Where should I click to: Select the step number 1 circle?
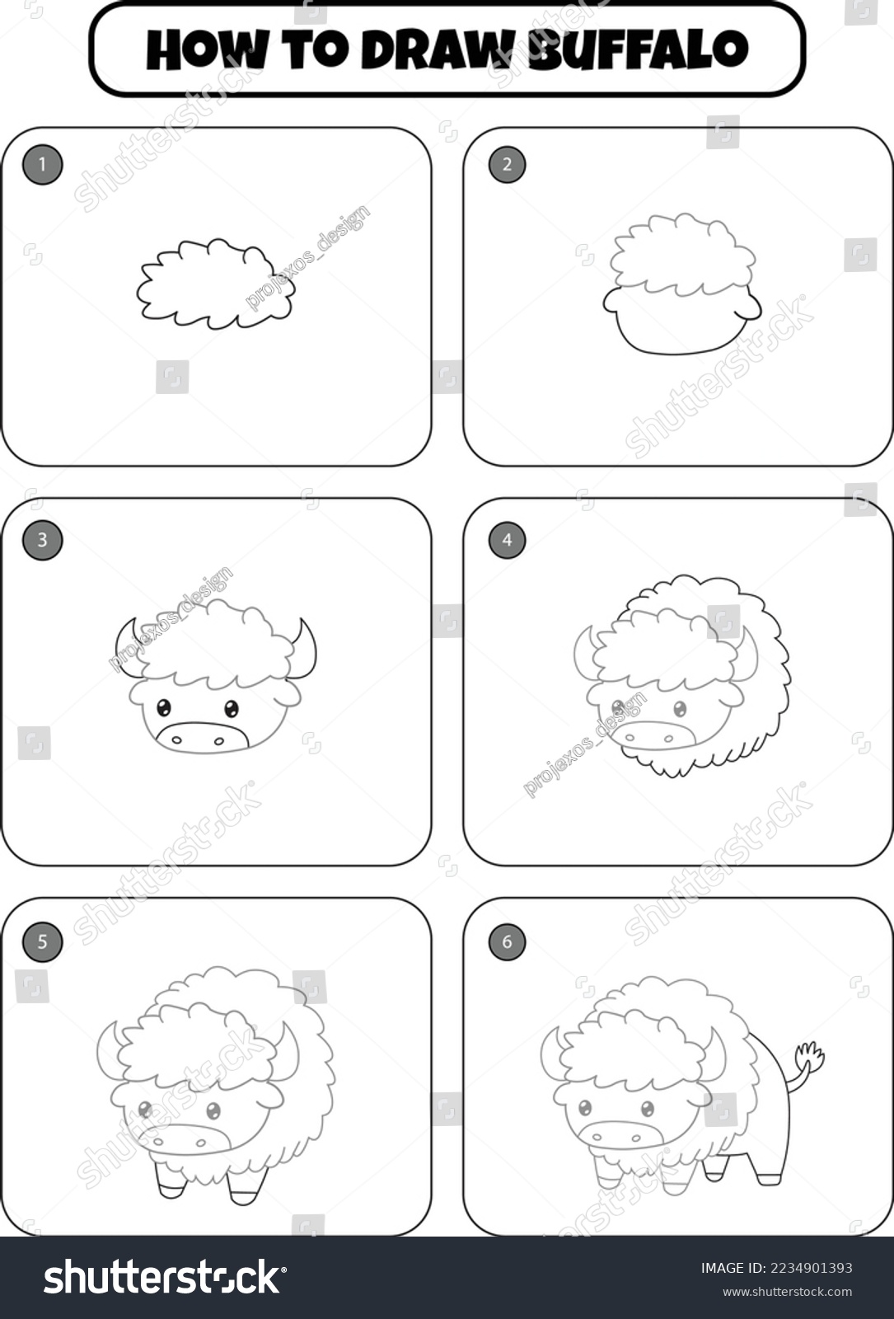[x=42, y=165]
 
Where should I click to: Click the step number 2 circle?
[x=507, y=164]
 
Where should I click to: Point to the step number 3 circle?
[x=42, y=540]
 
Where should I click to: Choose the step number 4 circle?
[x=507, y=540]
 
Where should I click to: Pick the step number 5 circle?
[x=42, y=941]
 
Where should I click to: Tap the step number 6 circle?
[x=507, y=941]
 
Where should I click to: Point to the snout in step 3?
[x=203, y=736]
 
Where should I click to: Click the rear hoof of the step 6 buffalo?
[x=768, y=1178]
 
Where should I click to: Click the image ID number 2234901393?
[x=776, y=1268]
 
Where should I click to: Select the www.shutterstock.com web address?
[x=776, y=1292]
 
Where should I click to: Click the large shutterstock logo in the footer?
[x=165, y=1277]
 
